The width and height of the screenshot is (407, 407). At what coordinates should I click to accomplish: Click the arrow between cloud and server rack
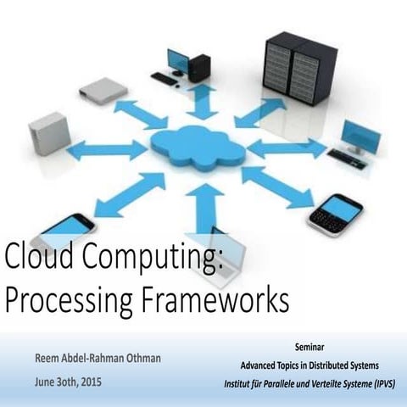pos(259,113)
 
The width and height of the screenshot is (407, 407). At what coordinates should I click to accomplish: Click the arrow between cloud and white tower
pos(107,150)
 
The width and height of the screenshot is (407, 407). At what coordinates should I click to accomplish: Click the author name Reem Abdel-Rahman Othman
pos(98,358)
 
